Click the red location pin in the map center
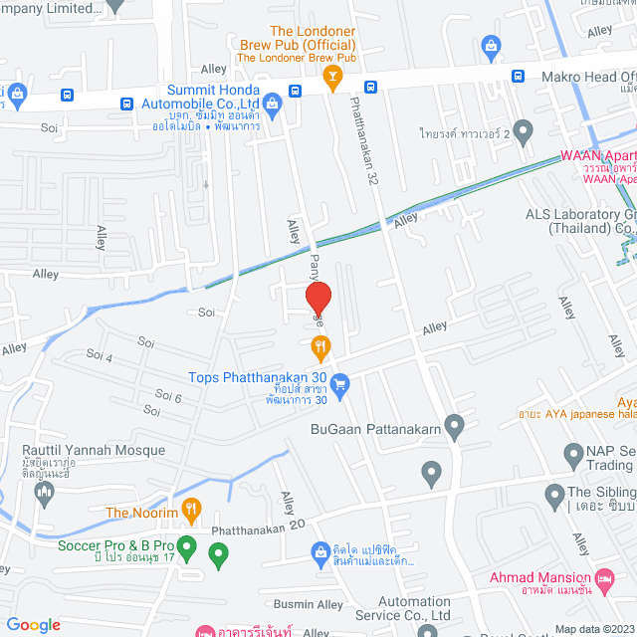click(x=318, y=299)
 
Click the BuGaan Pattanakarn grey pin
click(x=455, y=429)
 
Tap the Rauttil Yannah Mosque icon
click(x=43, y=492)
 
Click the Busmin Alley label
click(x=309, y=604)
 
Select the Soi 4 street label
click(x=100, y=355)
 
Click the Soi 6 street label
click(x=170, y=397)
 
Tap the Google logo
click(x=33, y=624)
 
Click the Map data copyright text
click(x=593, y=629)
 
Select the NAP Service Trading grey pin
click(x=573, y=456)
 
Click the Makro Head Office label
click(x=586, y=77)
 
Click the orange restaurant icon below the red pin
click(x=318, y=348)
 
